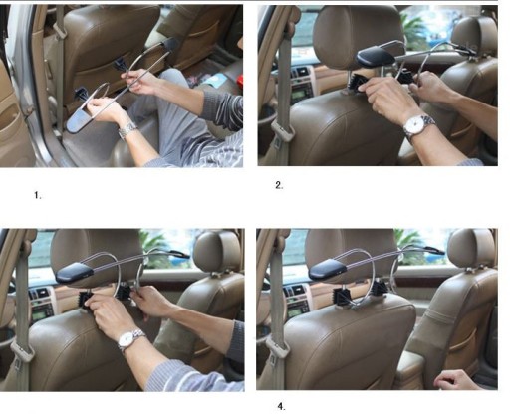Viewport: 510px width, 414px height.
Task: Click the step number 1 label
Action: [x=38, y=195]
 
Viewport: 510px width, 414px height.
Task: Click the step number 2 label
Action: [x=279, y=185]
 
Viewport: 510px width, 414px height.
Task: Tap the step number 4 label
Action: [x=281, y=406]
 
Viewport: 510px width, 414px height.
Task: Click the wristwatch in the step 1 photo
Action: [x=127, y=130]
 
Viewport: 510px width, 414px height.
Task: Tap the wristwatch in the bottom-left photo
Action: [x=130, y=340]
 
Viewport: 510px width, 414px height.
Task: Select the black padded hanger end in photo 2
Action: [x=376, y=56]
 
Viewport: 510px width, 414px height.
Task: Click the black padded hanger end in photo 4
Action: [x=328, y=269]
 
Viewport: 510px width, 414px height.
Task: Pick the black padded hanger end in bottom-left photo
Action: [x=75, y=273]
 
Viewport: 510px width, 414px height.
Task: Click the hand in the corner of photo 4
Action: [x=454, y=380]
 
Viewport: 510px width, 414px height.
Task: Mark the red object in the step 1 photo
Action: [x=239, y=81]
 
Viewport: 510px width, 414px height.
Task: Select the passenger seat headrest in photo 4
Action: [x=471, y=248]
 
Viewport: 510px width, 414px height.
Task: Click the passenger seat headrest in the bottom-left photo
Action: [x=217, y=251]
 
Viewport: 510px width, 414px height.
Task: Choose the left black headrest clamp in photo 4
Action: [x=342, y=295]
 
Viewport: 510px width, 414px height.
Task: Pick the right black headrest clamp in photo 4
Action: [x=380, y=288]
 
